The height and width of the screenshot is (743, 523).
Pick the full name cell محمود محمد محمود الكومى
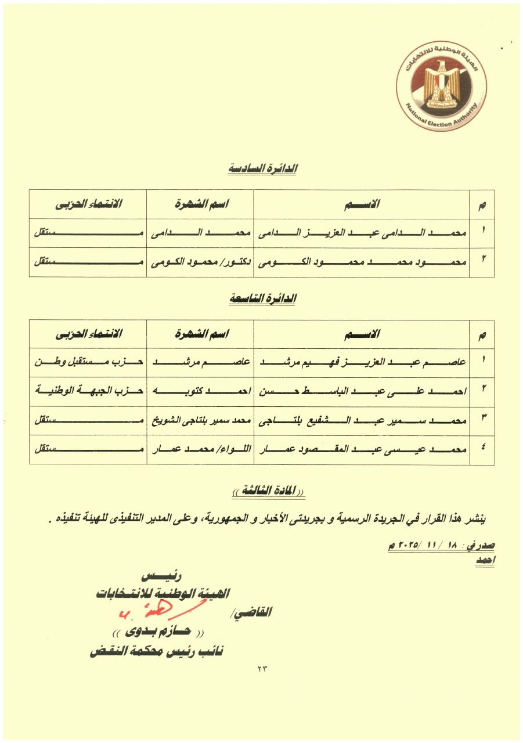(x=361, y=262)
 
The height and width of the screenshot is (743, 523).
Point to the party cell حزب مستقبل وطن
(x=88, y=362)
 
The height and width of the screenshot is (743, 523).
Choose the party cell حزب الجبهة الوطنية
(x=88, y=391)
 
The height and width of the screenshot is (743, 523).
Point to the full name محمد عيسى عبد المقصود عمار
(x=361, y=450)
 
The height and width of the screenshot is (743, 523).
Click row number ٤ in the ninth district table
(x=482, y=450)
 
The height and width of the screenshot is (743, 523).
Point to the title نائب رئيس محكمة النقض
(x=157, y=651)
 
